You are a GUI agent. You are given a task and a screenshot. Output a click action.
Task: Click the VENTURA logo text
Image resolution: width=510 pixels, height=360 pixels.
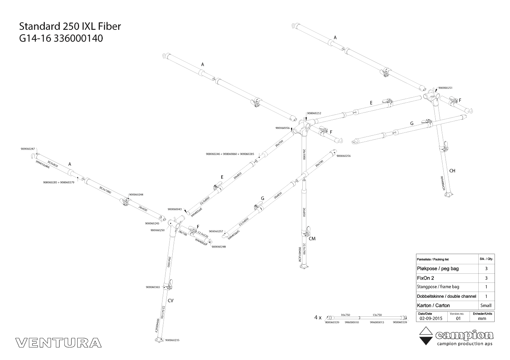point(59,343)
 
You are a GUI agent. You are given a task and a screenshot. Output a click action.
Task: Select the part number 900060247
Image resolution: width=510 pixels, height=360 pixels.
point(28,149)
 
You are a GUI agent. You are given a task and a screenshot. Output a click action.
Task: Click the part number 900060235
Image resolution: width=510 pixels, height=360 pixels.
point(172,340)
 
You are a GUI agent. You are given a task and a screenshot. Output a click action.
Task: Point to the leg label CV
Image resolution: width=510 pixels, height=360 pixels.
point(170,301)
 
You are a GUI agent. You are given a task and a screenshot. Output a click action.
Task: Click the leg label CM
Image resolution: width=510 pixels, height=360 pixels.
point(312,239)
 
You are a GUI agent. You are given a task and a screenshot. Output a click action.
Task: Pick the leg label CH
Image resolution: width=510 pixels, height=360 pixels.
point(452,171)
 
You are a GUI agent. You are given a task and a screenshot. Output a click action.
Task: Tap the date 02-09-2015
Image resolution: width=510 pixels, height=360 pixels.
point(431,318)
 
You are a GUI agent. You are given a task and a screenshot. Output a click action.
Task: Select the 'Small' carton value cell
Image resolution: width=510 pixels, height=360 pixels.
point(486,305)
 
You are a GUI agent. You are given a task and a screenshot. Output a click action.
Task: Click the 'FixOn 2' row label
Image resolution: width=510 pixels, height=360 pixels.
point(425,278)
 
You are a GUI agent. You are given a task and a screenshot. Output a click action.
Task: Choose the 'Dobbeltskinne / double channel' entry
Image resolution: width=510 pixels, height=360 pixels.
point(446,296)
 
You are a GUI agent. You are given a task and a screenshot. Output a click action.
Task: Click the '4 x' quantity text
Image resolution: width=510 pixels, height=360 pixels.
point(318,317)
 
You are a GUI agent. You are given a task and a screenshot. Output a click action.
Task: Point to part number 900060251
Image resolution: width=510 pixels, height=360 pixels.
point(445,88)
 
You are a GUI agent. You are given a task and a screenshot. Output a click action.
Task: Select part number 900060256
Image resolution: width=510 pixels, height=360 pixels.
point(344,156)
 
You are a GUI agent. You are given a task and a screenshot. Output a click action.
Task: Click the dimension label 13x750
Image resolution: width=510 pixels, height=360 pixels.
point(377,315)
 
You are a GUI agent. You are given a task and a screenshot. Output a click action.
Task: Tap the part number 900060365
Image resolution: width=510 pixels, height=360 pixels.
point(153,287)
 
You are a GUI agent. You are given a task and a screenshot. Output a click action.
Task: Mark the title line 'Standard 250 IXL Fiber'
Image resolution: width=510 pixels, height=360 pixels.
point(70,26)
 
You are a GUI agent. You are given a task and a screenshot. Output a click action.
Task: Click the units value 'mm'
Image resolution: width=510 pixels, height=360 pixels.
point(482,318)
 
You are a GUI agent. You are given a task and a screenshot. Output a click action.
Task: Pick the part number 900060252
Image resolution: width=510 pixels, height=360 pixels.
point(314,113)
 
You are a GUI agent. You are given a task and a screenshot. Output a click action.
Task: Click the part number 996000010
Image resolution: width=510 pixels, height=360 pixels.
point(352,322)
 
